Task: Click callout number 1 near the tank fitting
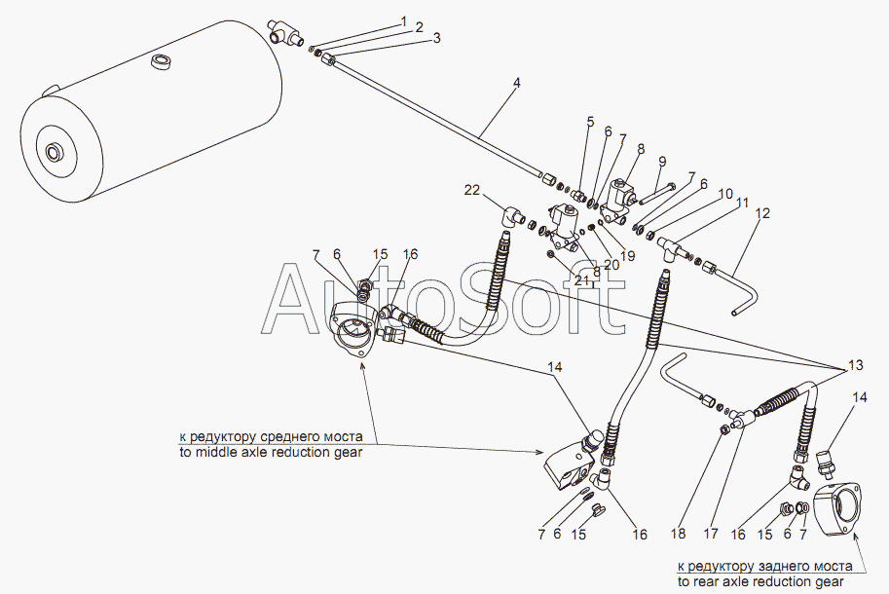pyautogui.click(x=402, y=19)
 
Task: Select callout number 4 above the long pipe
pyautogui.click(x=517, y=83)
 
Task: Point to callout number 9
pyautogui.click(x=662, y=162)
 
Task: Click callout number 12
pyautogui.click(x=762, y=212)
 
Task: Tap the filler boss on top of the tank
pyautogui.click(x=161, y=65)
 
